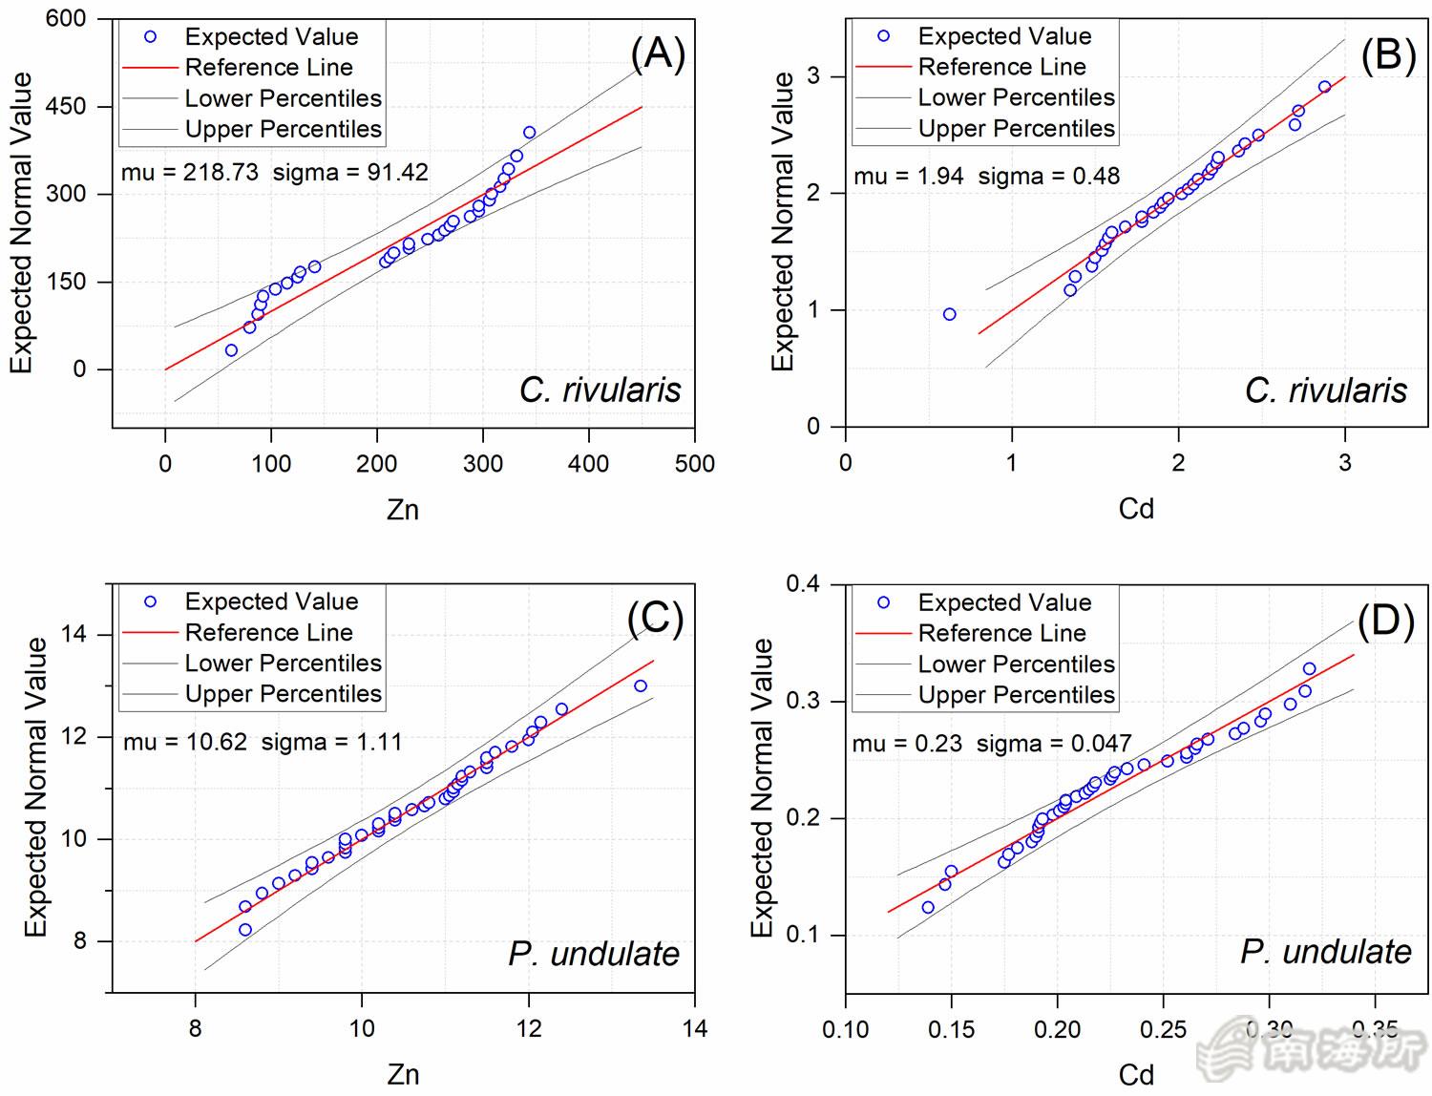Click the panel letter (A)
[x=658, y=54]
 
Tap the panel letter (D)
[x=1385, y=622]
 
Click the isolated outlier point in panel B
[x=949, y=314]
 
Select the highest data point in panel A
[x=530, y=133]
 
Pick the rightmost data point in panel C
[x=641, y=685]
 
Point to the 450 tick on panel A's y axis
[x=66, y=106]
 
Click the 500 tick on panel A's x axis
[x=694, y=464]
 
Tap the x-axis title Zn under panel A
[x=403, y=510]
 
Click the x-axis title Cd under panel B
[x=1136, y=509]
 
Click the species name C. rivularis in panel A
[x=600, y=390]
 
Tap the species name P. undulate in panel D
[x=1325, y=952]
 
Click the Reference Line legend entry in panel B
[x=1001, y=67]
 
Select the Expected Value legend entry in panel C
[x=271, y=601]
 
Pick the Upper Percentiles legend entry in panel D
[x=1016, y=695]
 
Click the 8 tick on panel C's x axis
[x=196, y=1028]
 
